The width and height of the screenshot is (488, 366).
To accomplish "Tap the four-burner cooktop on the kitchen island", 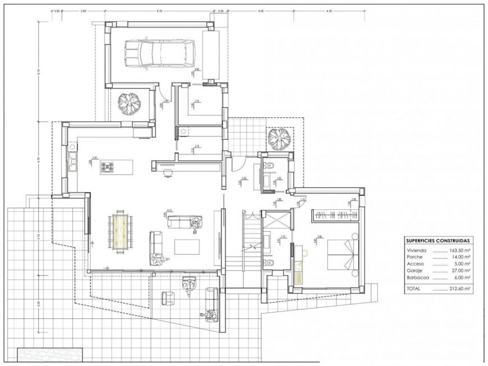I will pyautogui.click(x=107, y=167).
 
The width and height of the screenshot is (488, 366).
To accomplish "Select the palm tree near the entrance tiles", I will pyautogui.click(x=278, y=138).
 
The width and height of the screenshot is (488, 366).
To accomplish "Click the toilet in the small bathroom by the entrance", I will pyautogui.click(x=270, y=164).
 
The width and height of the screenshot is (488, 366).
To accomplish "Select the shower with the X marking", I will pyautogui.click(x=277, y=219).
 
